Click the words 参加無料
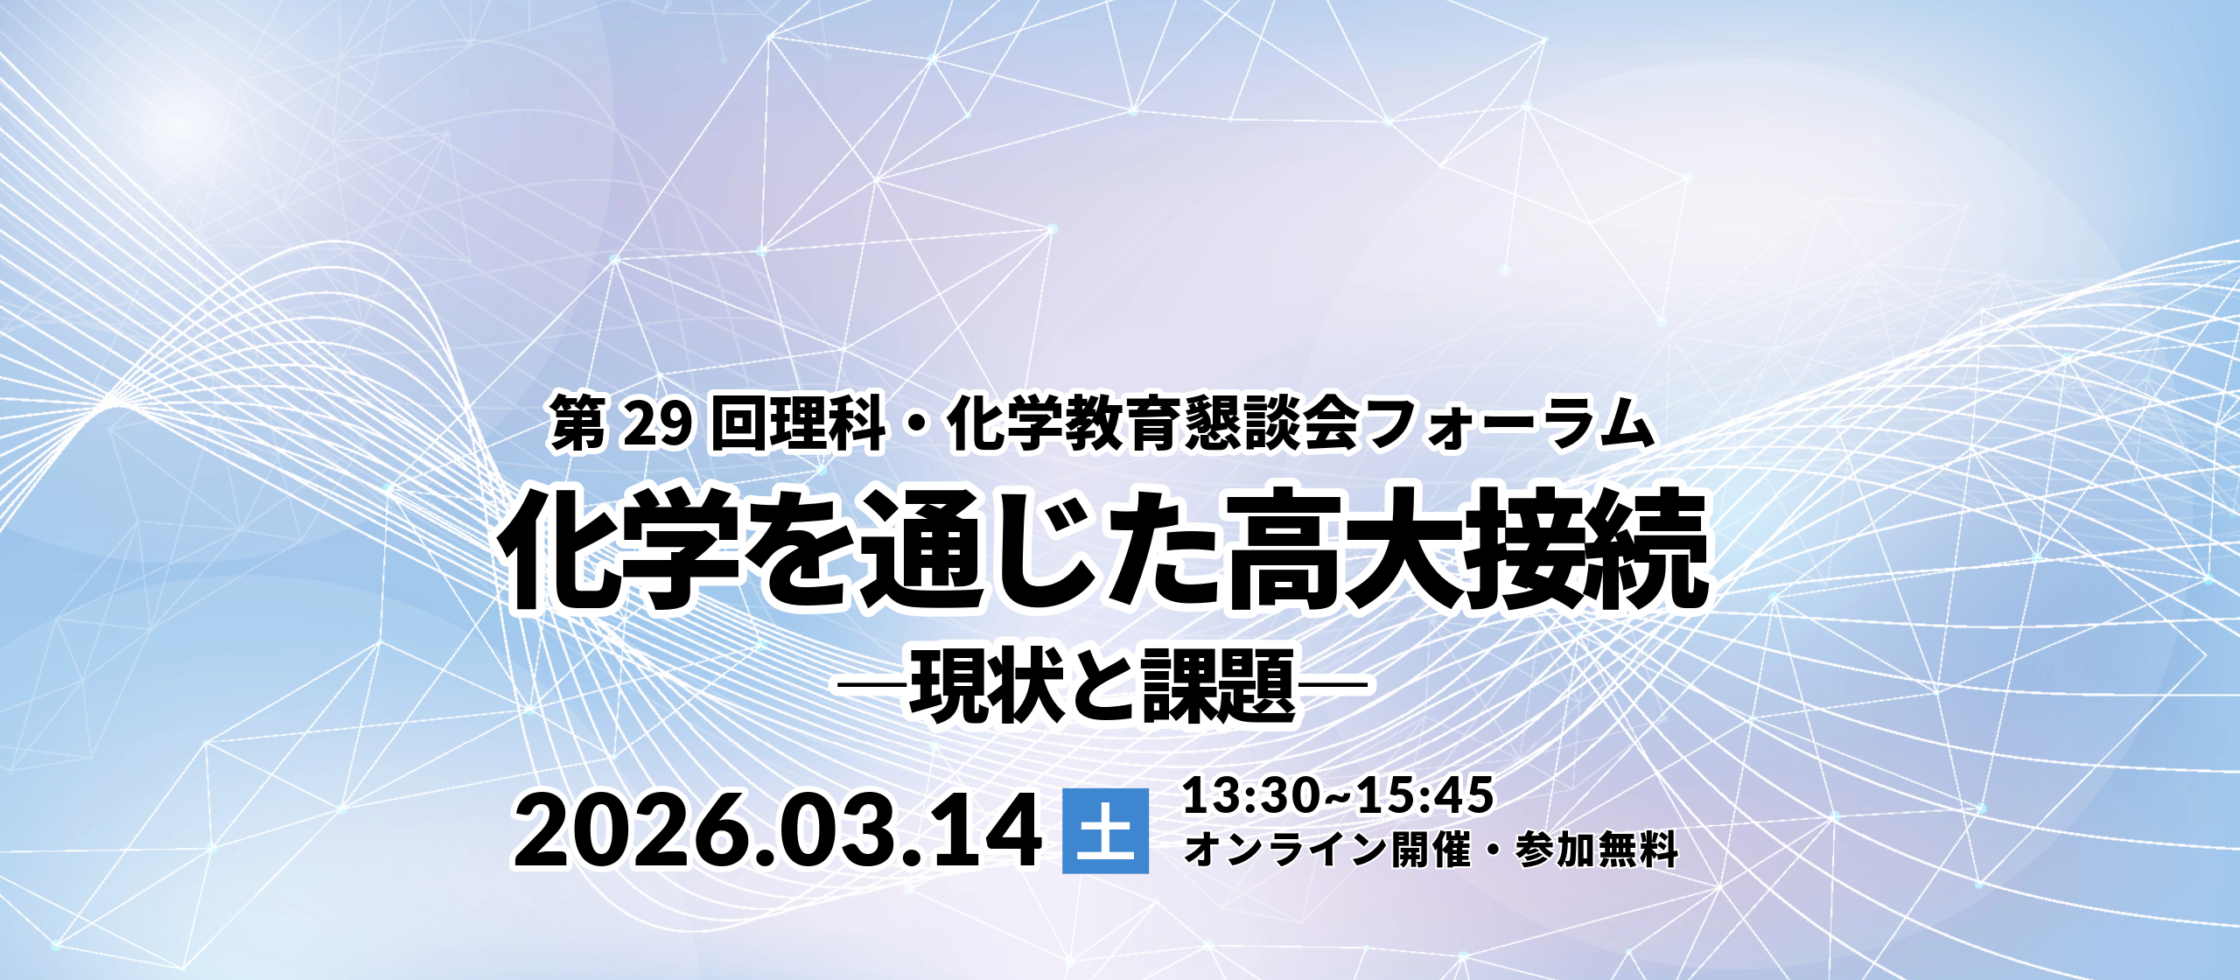click(1597, 849)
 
